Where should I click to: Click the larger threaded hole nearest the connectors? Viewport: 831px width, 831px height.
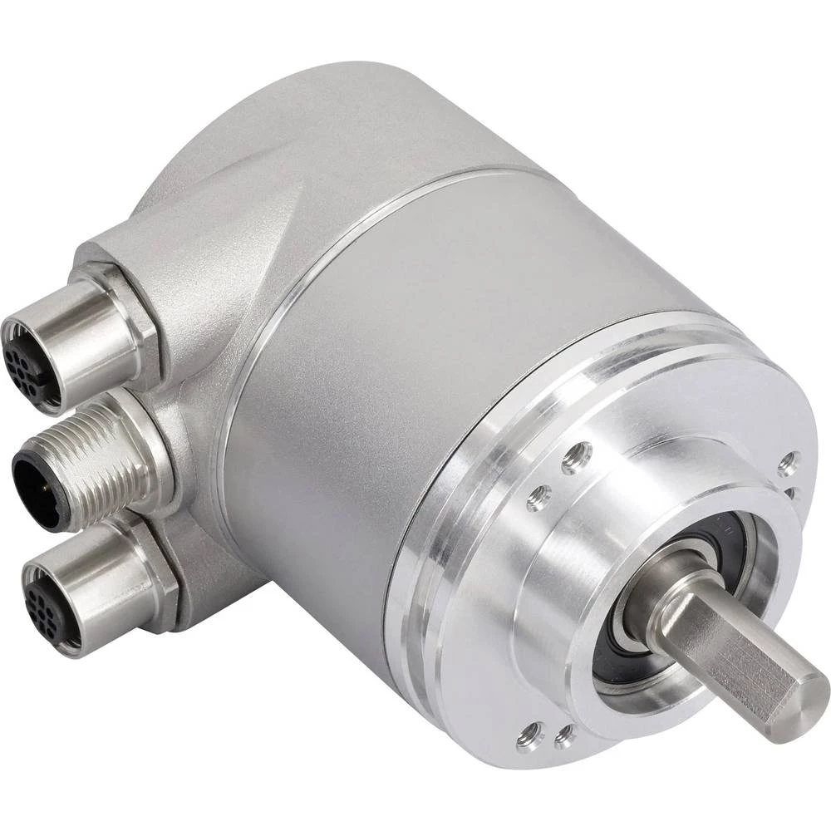576,457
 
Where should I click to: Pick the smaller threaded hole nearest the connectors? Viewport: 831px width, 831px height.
538,498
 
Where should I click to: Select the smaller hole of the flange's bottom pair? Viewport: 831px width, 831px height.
566,735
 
